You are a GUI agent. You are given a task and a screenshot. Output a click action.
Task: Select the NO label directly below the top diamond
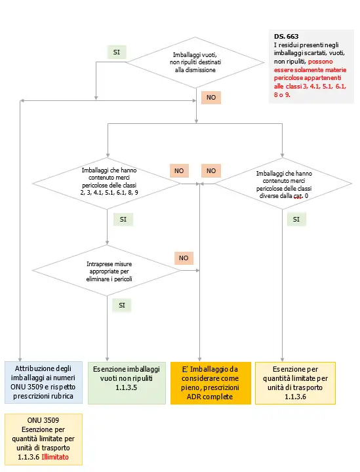211,97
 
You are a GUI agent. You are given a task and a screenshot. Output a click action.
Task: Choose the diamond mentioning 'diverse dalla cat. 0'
283,184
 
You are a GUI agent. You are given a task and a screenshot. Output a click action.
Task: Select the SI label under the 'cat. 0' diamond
296,220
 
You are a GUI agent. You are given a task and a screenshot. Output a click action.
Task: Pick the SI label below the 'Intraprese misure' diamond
122,305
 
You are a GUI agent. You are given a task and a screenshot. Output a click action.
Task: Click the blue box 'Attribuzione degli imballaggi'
43,383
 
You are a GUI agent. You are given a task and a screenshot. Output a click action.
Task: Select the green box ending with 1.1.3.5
126,383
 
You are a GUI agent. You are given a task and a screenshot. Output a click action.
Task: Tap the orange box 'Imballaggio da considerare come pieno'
210,383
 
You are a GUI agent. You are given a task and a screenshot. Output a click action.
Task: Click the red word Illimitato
55,457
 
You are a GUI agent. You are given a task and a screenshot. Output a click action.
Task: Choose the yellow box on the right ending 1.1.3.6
294,383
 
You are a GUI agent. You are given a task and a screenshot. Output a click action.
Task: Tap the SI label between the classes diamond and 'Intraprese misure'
122,219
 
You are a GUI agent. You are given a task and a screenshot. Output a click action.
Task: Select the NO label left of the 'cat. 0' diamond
211,170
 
